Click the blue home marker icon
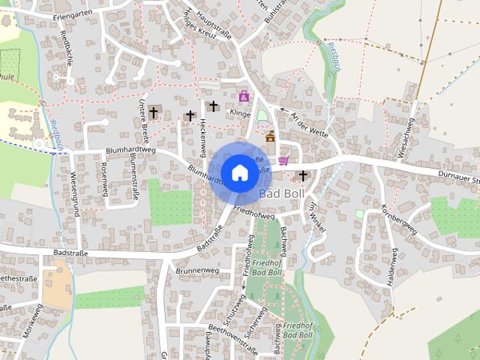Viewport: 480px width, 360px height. point(239,172)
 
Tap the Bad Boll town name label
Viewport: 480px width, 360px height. point(282,193)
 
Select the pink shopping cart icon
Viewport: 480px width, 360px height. point(283,160)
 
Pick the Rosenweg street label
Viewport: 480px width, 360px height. point(103,180)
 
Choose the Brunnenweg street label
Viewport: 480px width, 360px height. point(196,269)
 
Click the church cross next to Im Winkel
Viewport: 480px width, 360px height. point(303,176)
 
